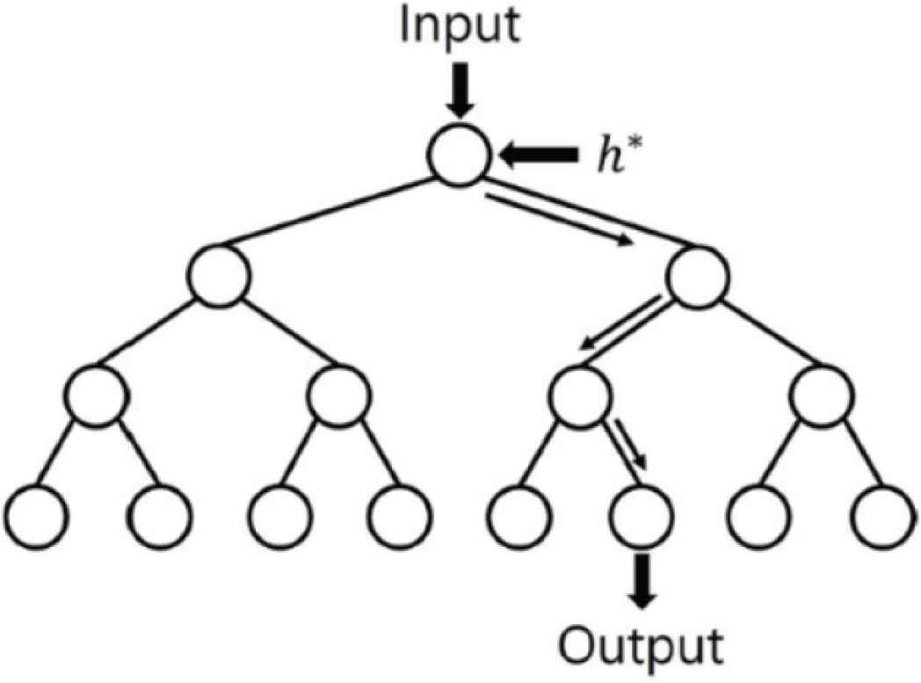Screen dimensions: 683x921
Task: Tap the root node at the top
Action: (458, 156)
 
